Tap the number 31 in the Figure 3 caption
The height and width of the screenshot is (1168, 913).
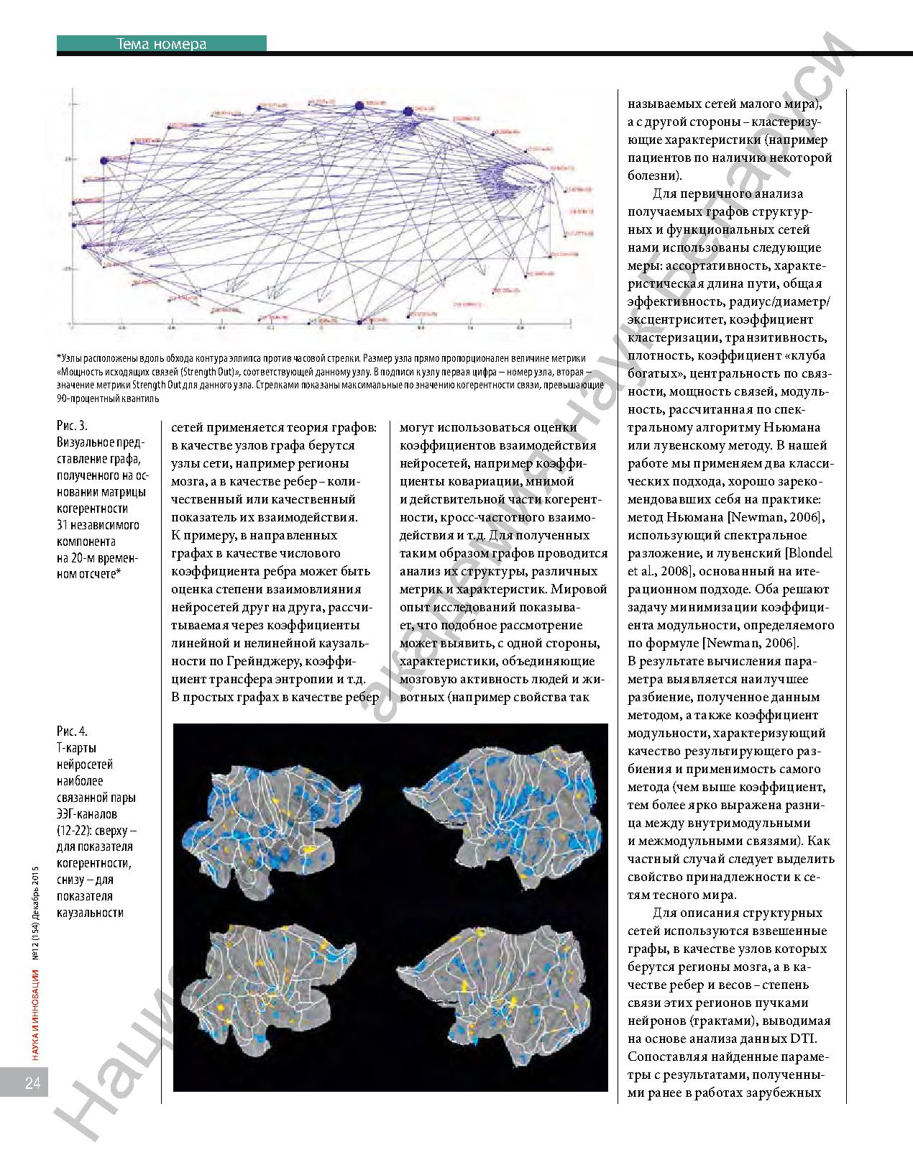[x=63, y=525]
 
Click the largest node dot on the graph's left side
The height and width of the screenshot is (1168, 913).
[x=104, y=160]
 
